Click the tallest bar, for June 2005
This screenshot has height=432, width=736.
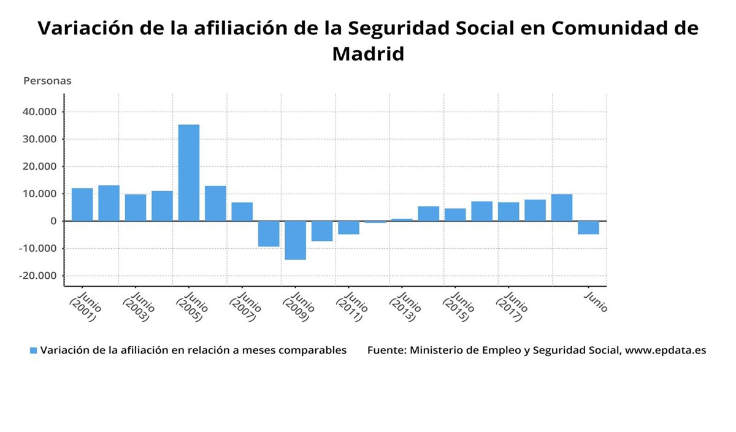189,173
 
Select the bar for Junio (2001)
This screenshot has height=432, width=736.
82,205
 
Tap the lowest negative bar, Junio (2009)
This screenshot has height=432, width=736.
295,240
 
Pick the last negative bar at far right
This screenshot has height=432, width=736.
588,227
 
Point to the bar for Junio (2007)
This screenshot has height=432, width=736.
242,211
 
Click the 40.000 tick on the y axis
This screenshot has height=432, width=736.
40,112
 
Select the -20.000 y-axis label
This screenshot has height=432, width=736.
38,276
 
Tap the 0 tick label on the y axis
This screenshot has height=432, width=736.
54,221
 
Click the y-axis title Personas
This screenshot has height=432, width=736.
47,81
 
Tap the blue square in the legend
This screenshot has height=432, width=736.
34,351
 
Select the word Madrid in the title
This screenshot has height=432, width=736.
368,54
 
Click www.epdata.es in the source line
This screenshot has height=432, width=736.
665,351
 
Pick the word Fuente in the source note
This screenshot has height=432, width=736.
386,351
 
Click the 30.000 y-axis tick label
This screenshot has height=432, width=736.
40,139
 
